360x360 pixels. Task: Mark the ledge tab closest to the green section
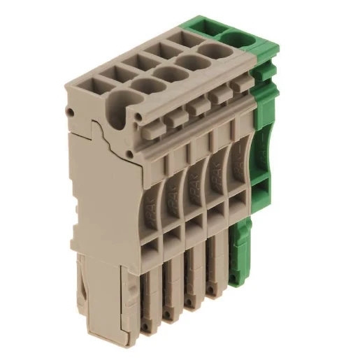coord(241,87)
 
